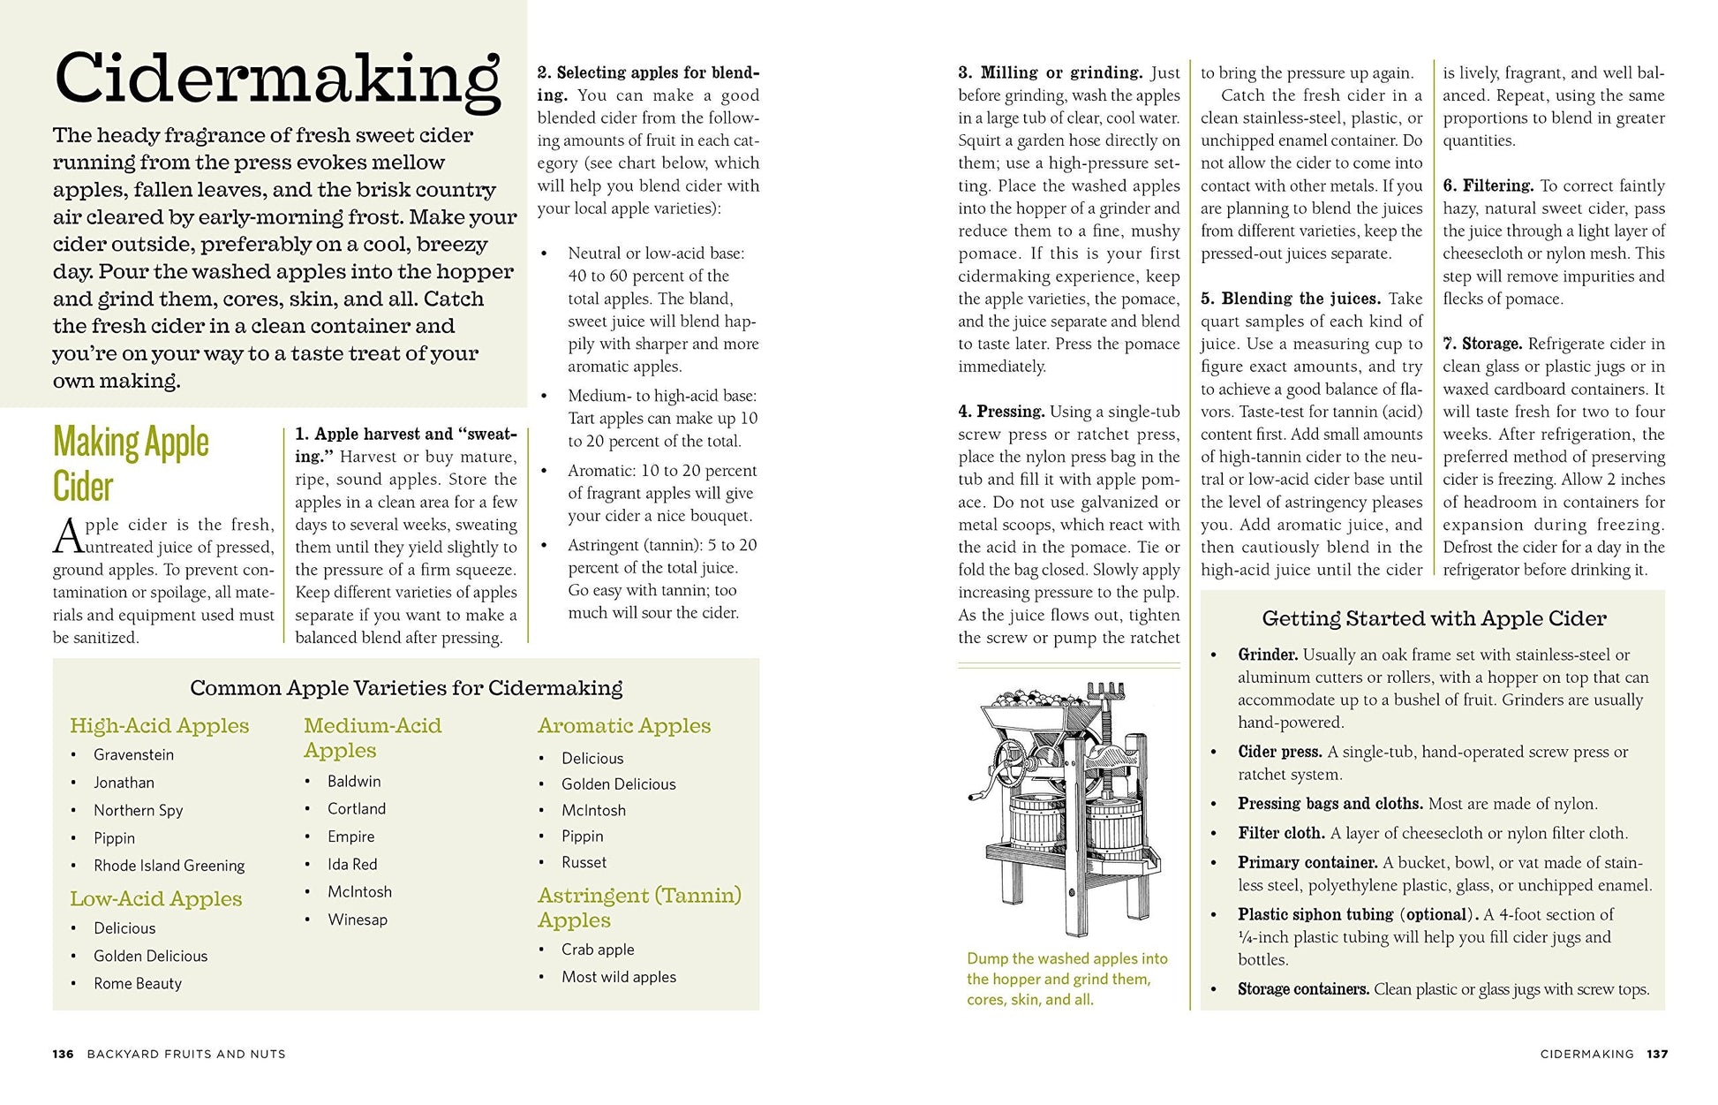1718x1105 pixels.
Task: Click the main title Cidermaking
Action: pos(277,79)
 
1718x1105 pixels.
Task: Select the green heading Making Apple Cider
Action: pos(131,464)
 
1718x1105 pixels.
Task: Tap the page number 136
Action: pos(63,1054)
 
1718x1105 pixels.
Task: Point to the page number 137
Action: pos(1657,1054)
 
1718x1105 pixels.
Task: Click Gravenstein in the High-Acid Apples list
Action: pos(133,754)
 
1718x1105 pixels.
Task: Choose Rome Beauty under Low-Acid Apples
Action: pos(138,983)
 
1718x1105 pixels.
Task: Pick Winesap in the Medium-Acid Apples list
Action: pos(358,920)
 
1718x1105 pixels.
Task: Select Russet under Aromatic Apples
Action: pos(584,862)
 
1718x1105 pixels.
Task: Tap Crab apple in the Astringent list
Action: pos(598,950)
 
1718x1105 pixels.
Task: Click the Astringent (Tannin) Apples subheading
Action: pos(639,907)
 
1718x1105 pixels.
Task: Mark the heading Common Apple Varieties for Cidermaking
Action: pos(406,688)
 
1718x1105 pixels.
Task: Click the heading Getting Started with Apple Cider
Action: pos(1434,618)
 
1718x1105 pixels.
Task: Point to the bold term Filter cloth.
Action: pos(1280,833)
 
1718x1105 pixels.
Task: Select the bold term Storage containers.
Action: pos(1303,989)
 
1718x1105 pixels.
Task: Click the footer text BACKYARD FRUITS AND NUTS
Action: pos(186,1054)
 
